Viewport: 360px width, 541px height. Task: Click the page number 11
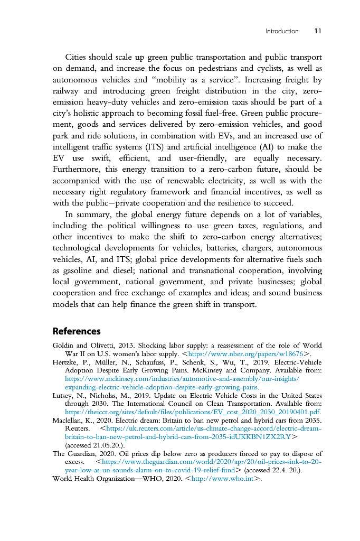pyautogui.click(x=318, y=31)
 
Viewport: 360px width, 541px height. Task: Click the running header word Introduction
pyautogui.click(x=282, y=31)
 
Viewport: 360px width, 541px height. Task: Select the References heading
pyautogui.click(x=77, y=331)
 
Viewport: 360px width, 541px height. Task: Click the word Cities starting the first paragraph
pyautogui.click(x=77, y=57)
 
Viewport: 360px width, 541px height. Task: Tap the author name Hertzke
pyautogui.click(x=65, y=362)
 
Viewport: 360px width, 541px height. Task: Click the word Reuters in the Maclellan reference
pyautogui.click(x=77, y=429)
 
